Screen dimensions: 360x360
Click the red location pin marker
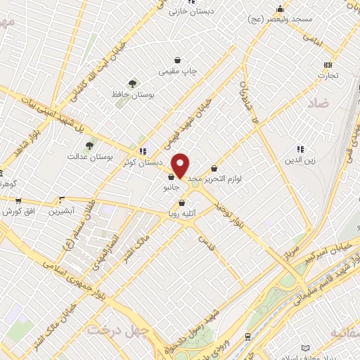pyautogui.click(x=181, y=165)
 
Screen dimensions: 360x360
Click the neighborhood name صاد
pyautogui.click(x=317, y=103)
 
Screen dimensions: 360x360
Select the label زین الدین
pyautogui.click(x=300, y=160)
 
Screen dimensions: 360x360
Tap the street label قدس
pyautogui.click(x=207, y=244)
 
